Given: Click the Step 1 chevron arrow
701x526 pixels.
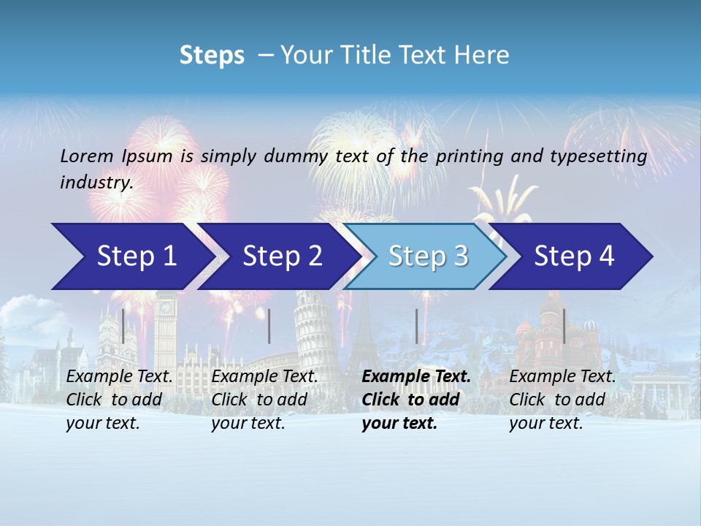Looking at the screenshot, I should pyautogui.click(x=131, y=256).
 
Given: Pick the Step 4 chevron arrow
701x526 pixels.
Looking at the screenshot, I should pyautogui.click(x=573, y=256).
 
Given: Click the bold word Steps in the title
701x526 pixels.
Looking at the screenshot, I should pyautogui.click(x=212, y=56).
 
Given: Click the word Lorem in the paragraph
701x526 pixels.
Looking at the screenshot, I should pyautogui.click(x=87, y=156).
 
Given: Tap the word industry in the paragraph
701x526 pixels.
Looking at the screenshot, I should pyautogui.click(x=96, y=183).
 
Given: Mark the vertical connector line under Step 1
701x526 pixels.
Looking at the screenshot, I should pyautogui.click(x=123, y=326).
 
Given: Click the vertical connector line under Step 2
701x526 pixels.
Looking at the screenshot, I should pyautogui.click(x=269, y=326).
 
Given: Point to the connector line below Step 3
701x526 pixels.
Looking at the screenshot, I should pyautogui.click(x=416, y=326).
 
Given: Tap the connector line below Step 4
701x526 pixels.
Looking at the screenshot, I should pyautogui.click(x=564, y=326).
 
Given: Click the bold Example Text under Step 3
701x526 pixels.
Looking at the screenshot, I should pyautogui.click(x=416, y=377).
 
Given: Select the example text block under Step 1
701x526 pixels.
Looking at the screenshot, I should pyautogui.click(x=119, y=400).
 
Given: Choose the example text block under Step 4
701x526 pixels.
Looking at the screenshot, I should pyautogui.click(x=562, y=400).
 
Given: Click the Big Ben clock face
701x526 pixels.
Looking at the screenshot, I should pyautogui.click(x=166, y=308).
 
